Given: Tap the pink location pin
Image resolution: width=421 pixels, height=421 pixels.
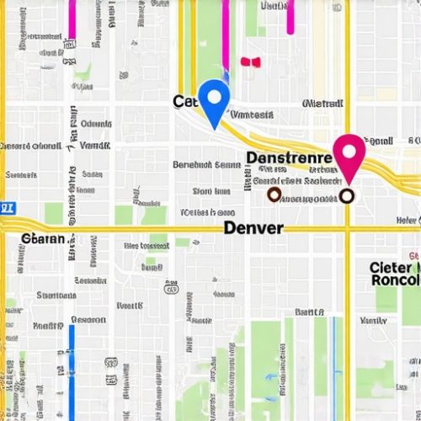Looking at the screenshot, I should tap(349, 154).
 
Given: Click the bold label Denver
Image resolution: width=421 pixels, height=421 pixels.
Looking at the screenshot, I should tap(253, 228).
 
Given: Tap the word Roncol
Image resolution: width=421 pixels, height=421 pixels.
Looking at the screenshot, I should tap(394, 280).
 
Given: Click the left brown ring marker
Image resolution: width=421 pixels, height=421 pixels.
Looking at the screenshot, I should tap(273, 195).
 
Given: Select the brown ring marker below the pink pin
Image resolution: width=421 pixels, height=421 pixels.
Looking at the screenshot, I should tap(347, 196).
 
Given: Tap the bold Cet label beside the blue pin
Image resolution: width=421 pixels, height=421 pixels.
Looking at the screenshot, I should tap(184, 102).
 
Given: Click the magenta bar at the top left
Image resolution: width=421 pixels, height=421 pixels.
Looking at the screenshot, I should tap(72, 20).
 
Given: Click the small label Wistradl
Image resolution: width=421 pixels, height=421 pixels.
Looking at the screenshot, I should tap(322, 104).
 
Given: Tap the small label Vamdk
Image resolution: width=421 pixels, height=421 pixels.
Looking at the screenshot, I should tap(252, 114).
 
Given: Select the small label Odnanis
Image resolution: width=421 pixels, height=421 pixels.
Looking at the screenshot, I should tap(95, 124).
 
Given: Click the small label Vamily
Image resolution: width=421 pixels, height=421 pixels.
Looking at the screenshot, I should tap(373, 321).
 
